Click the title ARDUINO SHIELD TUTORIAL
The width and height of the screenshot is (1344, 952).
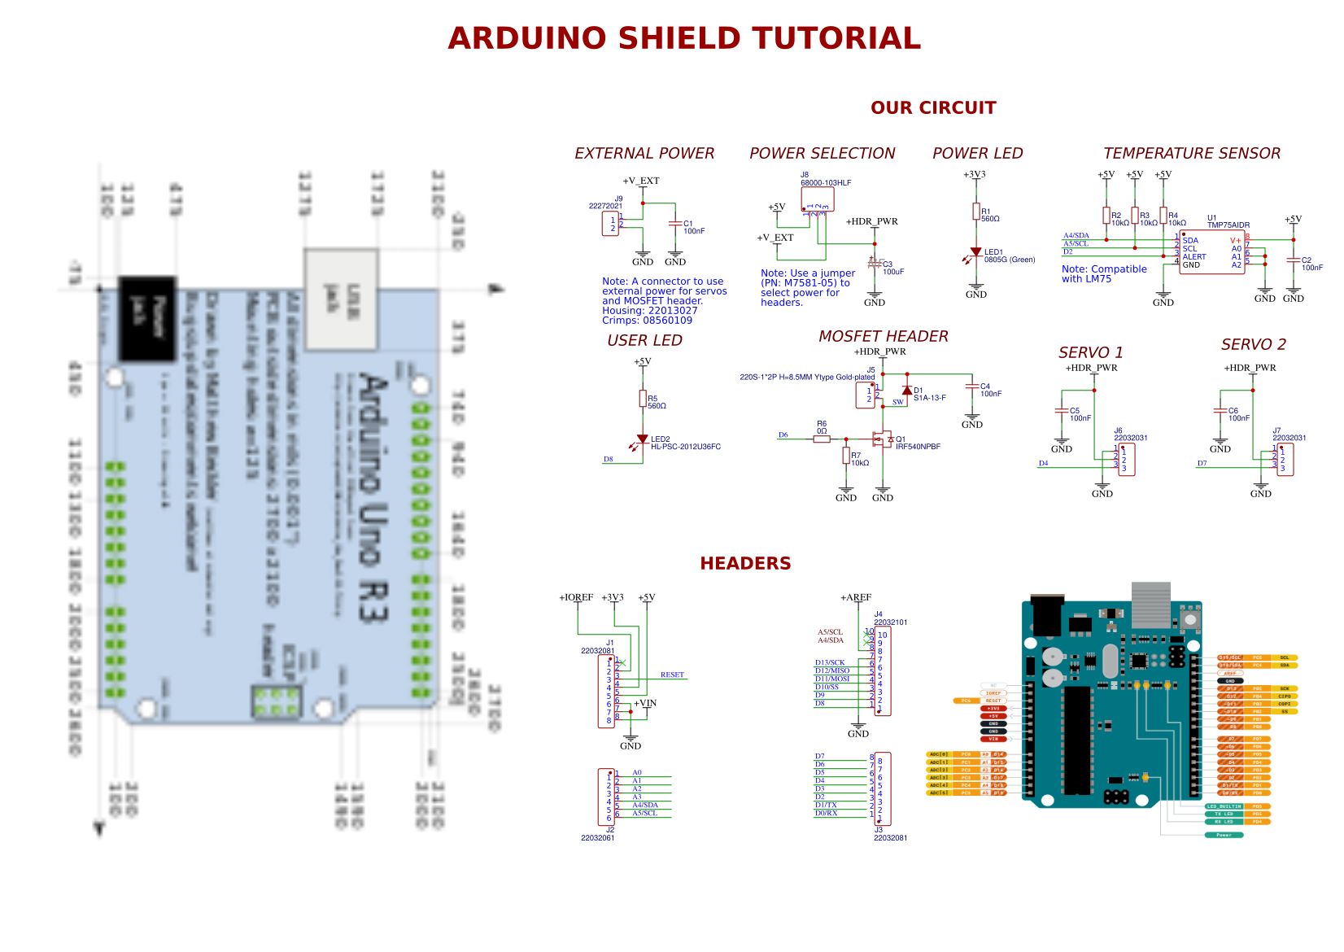[x=683, y=38]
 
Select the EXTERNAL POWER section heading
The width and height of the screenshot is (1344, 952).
[x=644, y=153]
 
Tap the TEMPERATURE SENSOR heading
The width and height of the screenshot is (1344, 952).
[x=1191, y=153]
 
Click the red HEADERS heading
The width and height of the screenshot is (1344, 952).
[x=744, y=563]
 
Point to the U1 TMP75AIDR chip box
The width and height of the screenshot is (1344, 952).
[x=1211, y=252]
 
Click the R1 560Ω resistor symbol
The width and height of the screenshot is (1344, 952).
[x=975, y=212]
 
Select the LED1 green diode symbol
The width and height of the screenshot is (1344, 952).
[x=975, y=252]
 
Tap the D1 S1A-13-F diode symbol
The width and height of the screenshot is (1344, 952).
[x=907, y=391]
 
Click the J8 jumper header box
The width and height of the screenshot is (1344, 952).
[x=817, y=199]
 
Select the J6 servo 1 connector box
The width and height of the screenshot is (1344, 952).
[x=1127, y=460]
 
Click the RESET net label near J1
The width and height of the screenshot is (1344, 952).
[x=672, y=675]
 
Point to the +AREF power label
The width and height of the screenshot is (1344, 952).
[x=855, y=597]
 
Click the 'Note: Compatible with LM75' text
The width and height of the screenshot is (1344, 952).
[x=1103, y=273]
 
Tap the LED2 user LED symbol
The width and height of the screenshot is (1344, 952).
[x=643, y=439]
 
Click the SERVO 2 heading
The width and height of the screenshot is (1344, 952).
[x=1253, y=344]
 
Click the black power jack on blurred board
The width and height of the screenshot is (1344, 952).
[x=147, y=318]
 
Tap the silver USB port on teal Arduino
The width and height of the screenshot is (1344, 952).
[x=1150, y=604]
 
